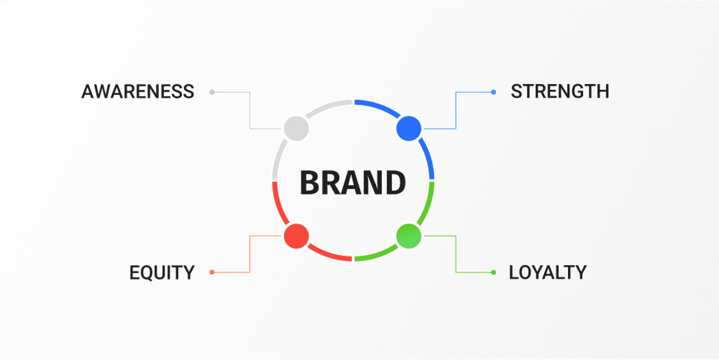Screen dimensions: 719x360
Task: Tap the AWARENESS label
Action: point(138,92)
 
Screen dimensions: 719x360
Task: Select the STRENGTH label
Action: point(560,92)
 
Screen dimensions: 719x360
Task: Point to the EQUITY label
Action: point(162,273)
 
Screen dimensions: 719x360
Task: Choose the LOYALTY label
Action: point(548,273)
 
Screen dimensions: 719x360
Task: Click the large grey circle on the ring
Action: point(297,129)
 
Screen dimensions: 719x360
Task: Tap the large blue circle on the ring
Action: point(408,129)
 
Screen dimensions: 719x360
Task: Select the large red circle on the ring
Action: point(297,236)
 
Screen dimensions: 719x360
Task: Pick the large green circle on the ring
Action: point(408,236)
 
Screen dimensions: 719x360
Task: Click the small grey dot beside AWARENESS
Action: point(212,93)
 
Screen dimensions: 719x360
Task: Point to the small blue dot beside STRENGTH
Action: point(493,93)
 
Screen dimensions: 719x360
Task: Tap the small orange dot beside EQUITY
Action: point(212,272)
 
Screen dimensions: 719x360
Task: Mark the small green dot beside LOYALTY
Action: point(493,273)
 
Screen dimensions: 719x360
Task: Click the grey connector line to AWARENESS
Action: point(250,107)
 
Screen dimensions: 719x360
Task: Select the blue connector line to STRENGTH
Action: point(456,107)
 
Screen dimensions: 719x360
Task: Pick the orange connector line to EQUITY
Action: point(250,257)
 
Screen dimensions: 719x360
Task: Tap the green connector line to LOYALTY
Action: point(456,257)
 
